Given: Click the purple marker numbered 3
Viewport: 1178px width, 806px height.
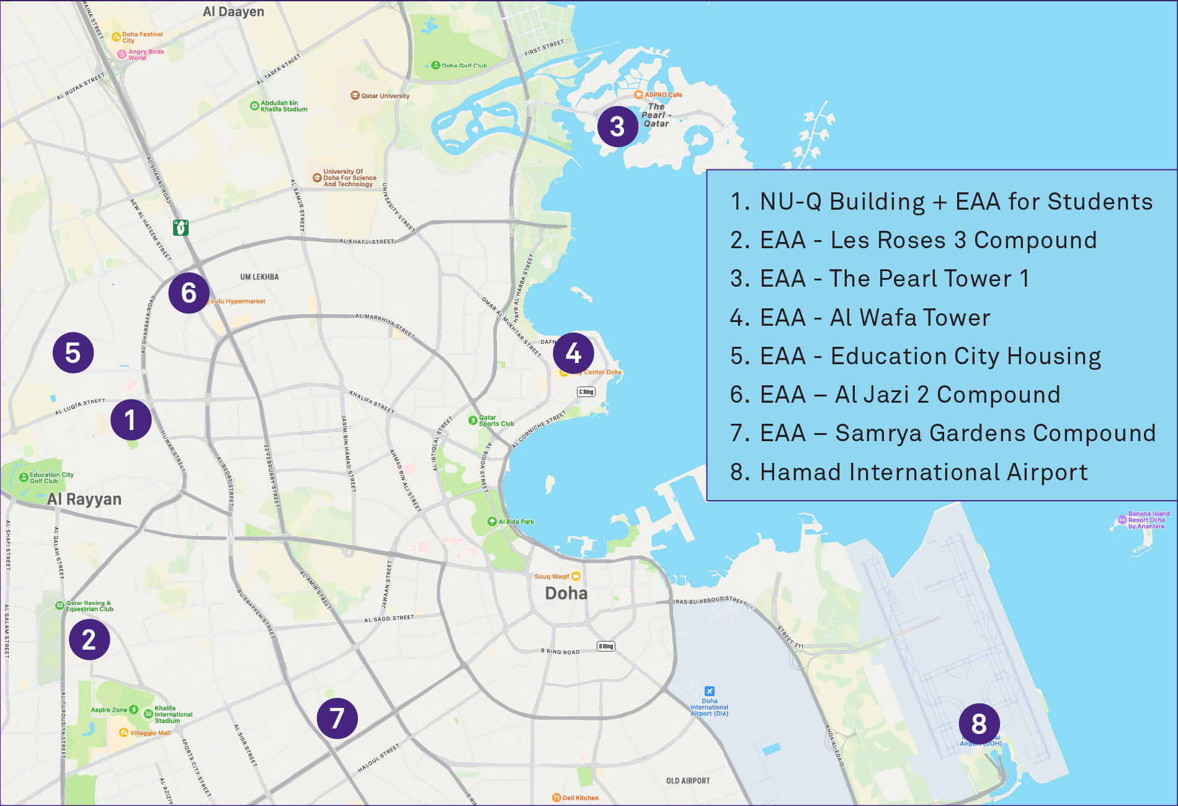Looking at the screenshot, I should coord(617,127).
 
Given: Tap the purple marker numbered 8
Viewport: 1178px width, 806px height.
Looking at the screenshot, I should coord(979,723).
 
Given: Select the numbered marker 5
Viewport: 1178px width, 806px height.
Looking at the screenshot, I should coord(73,352).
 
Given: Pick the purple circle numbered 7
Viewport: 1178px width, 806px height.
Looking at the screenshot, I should coord(337,719).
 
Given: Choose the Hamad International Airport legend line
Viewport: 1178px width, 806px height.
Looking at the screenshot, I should coord(909,472).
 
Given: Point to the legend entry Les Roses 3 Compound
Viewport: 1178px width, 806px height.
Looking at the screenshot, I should coord(913,240).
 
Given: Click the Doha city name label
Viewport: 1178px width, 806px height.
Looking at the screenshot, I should coord(566,593).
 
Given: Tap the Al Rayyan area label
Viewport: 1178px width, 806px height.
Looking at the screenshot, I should coord(84,499).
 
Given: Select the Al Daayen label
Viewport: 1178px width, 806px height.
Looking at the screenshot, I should coord(233,12).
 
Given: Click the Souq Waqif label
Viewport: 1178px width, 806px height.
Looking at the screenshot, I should coord(551,576).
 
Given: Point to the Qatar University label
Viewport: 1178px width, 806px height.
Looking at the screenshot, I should coord(385,96).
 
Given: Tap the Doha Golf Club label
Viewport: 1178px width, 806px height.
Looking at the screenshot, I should coord(463,65).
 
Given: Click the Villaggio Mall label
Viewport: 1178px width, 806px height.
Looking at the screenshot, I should coord(149,733).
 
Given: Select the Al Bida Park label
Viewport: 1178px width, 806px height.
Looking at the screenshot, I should coord(515,522).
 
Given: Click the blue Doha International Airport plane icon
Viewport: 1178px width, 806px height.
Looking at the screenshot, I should coord(710,691).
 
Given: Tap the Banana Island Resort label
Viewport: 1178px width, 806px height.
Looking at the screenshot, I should coord(1148,520).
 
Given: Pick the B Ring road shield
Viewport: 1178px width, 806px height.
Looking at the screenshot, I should coord(606,646).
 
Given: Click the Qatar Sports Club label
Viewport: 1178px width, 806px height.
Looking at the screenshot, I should coord(496,421).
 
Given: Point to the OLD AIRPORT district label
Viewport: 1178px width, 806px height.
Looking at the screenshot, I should coord(687,781).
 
